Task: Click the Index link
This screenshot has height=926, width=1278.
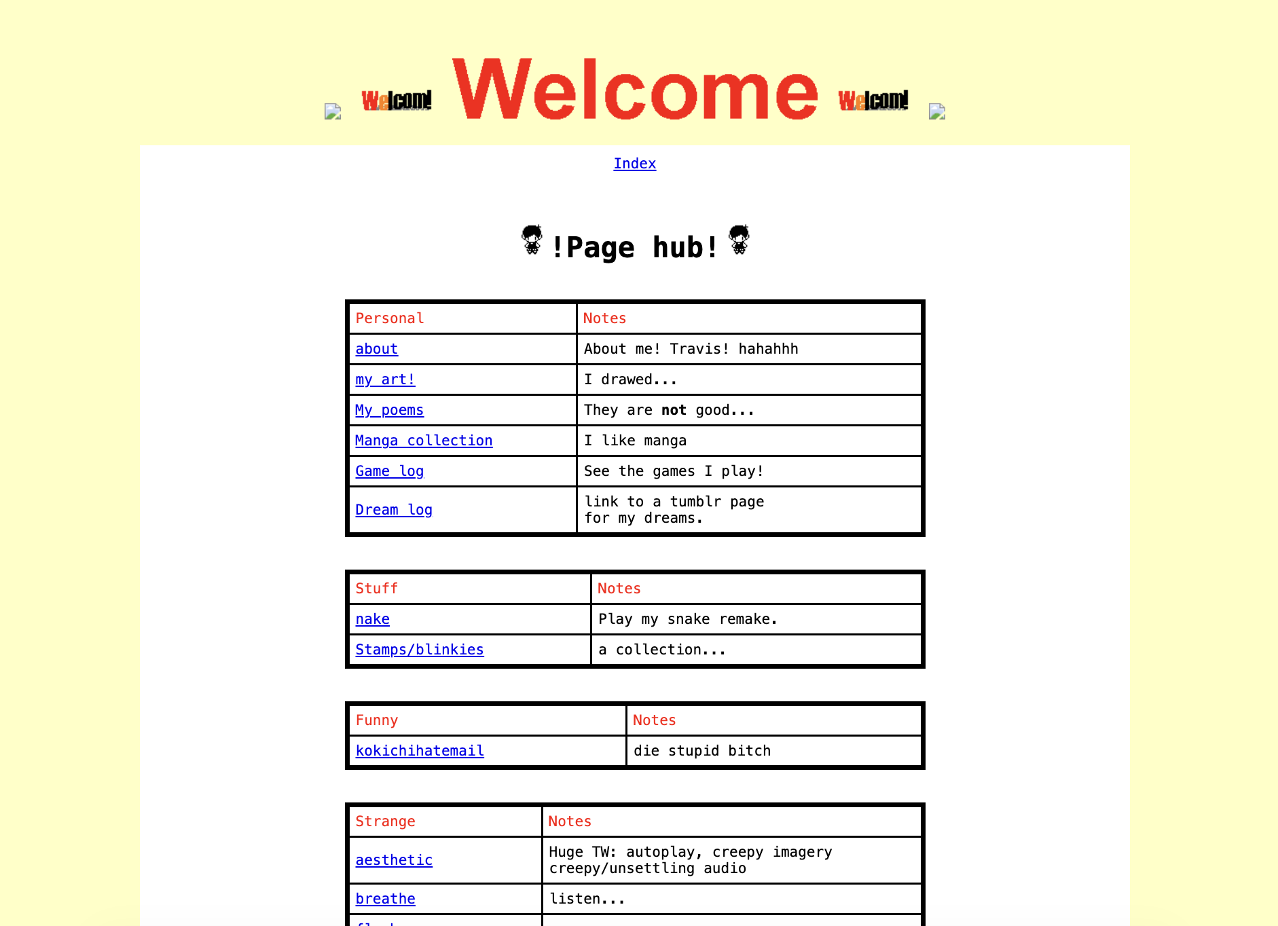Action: [x=634, y=164]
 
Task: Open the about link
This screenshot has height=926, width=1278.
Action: [x=376, y=349]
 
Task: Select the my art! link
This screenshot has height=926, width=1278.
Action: [x=385, y=379]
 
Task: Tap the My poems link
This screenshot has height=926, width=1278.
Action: [x=389, y=410]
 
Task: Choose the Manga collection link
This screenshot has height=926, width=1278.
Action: [x=424, y=441]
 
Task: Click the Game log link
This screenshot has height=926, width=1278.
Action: [x=389, y=471]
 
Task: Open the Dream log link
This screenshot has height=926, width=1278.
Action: [x=394, y=510]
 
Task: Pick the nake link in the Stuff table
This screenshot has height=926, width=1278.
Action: [x=372, y=619]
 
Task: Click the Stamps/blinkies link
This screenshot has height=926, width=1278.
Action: [x=419, y=650]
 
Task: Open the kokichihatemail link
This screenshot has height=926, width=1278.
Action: [x=420, y=751]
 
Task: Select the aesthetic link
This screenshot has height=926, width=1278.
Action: [x=394, y=860]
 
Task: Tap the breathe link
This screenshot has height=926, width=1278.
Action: [x=385, y=899]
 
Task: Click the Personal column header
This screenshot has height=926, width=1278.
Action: [x=390, y=318]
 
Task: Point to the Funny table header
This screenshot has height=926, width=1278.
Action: [x=377, y=720]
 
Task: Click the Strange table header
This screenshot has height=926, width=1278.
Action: [x=385, y=821]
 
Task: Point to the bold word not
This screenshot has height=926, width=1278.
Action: [x=674, y=410]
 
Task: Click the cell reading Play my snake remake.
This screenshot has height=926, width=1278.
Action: [x=687, y=619]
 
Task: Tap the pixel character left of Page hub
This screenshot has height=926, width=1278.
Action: [x=532, y=240]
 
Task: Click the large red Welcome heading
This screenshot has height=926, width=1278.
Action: [x=635, y=90]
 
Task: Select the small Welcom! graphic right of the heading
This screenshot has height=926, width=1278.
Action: [x=873, y=100]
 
